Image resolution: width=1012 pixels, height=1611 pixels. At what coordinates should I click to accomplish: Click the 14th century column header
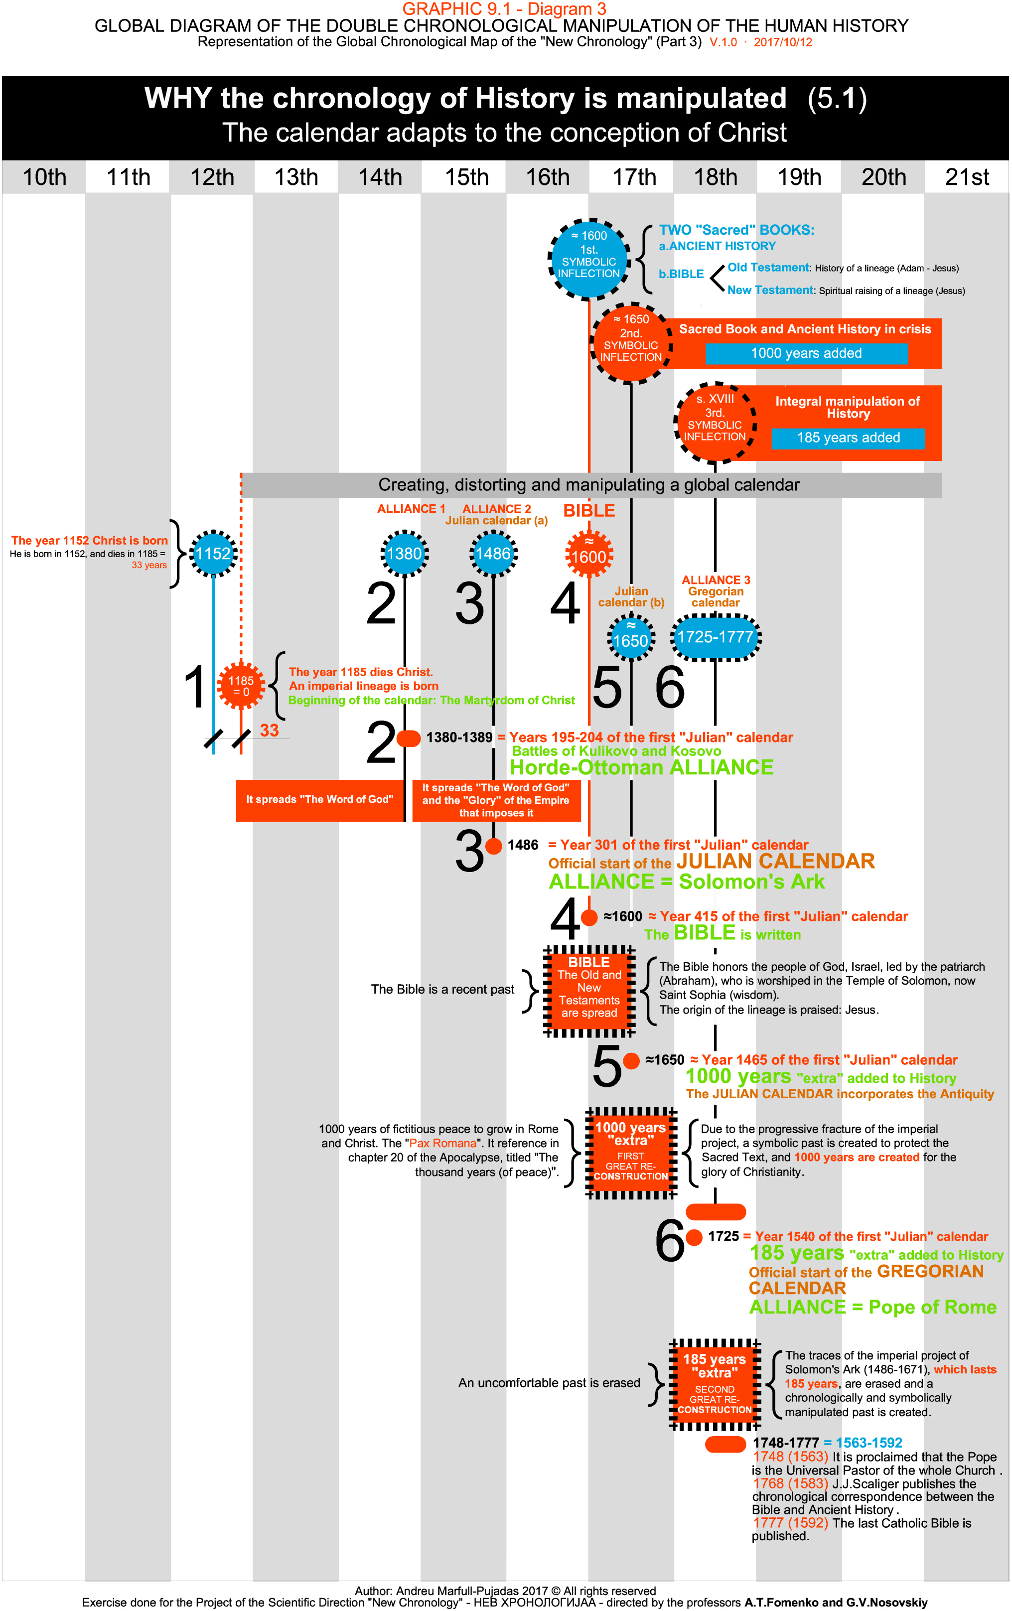tap(380, 177)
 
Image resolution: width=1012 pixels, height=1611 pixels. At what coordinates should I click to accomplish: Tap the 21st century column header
tap(967, 177)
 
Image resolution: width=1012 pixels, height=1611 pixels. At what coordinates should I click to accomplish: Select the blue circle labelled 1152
tap(213, 553)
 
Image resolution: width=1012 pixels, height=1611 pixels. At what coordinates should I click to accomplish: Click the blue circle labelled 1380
tap(405, 553)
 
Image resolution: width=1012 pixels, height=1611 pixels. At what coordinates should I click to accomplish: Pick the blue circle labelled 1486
tap(493, 553)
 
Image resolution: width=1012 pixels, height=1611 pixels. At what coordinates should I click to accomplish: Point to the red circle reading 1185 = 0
tap(241, 686)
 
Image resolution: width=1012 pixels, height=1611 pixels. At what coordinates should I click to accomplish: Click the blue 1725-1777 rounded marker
tap(715, 637)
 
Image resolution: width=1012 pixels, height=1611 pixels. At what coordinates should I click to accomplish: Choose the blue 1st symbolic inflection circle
tap(588, 259)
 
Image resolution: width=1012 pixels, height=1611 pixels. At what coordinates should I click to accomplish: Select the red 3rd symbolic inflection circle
tap(715, 423)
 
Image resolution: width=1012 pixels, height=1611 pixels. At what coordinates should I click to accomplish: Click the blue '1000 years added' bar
tap(806, 353)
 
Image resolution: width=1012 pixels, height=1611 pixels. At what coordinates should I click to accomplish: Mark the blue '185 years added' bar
tap(848, 438)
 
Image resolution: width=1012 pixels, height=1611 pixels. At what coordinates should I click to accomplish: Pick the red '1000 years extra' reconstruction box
tap(631, 1153)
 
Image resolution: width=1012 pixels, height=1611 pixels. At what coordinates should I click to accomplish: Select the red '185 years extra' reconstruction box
tap(715, 1384)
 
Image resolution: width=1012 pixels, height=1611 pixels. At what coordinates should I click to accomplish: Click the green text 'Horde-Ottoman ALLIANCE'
tap(641, 767)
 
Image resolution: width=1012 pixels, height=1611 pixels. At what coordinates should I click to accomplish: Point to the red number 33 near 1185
tap(269, 731)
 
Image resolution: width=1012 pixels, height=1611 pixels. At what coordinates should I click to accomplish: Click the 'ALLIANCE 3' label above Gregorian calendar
tap(716, 580)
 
